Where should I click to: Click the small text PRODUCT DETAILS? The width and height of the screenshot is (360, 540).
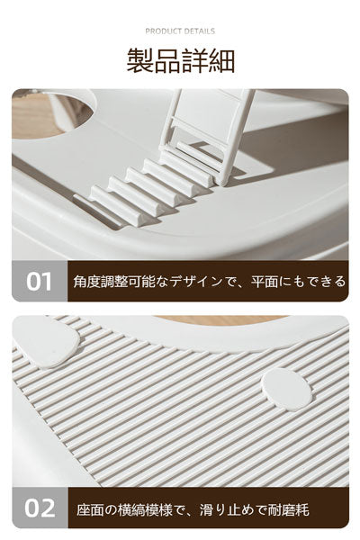[180, 31]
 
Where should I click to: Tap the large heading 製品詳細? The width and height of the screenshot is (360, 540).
[181, 61]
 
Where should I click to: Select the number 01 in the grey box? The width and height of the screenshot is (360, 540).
[39, 282]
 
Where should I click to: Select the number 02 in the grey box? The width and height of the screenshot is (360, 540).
[40, 508]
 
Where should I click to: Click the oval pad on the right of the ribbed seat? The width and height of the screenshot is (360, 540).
[286, 389]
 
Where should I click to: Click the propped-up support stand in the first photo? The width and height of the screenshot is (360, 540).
[209, 134]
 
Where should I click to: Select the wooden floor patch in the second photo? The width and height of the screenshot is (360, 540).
[220, 319]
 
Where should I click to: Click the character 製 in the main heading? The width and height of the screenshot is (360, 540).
[139, 61]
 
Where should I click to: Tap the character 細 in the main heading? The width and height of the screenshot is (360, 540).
[221, 61]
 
